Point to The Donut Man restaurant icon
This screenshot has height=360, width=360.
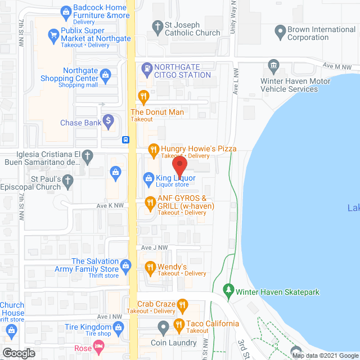[143, 96]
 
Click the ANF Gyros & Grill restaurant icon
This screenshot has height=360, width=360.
[150, 202]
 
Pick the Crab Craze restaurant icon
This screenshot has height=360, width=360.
[182, 305]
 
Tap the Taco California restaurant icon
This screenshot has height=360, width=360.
[178, 324]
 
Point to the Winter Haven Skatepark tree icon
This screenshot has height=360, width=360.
[228, 291]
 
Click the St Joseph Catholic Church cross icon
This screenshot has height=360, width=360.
[157, 25]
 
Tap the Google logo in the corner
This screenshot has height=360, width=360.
[18, 353]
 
